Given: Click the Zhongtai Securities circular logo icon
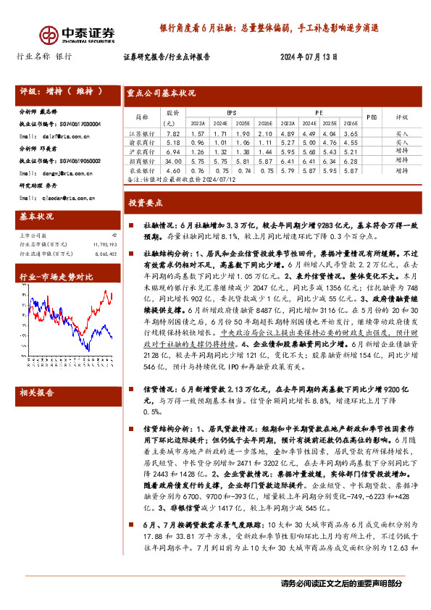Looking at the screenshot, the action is (49, 34).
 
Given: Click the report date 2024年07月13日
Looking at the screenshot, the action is (309, 57).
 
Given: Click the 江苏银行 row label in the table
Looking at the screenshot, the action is (148, 134).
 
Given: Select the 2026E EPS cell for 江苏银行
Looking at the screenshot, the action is (265, 134).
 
